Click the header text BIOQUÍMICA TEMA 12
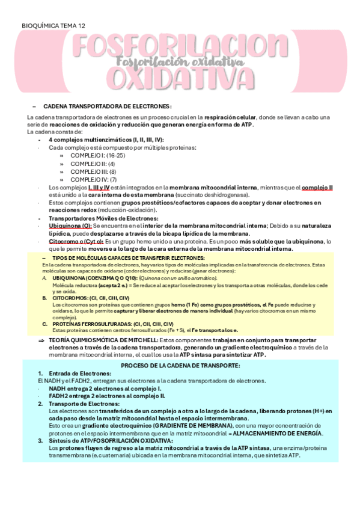click(x=53, y=26)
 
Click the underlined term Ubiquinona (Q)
click(x=68, y=226)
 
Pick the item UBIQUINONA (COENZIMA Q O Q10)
click(x=95, y=279)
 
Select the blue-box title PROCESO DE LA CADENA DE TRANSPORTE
click(x=180, y=365)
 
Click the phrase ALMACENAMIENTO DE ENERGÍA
click(x=277, y=433)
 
